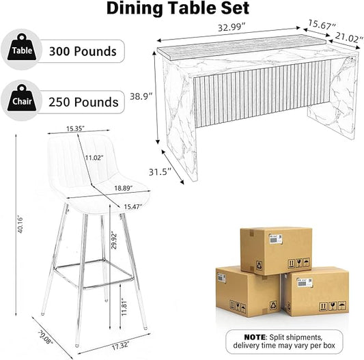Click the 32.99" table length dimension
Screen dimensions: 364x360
click(232, 27)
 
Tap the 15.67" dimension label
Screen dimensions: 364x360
click(322, 25)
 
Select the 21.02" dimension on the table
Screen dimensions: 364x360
click(349, 38)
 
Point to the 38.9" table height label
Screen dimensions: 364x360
click(141, 96)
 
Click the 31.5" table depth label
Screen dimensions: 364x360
click(160, 172)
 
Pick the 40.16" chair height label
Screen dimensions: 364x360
click(20, 225)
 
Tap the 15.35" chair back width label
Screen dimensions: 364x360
click(75, 128)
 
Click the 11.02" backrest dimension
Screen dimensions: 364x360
click(94, 158)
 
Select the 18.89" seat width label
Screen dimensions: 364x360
click(123, 188)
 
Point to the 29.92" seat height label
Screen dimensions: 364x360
click(114, 240)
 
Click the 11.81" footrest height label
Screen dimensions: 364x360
click(124, 307)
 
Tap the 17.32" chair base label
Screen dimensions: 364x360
click(120, 346)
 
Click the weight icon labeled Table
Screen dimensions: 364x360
click(22, 47)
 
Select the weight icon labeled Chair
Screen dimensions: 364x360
click(22, 98)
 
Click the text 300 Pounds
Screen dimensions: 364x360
click(83, 51)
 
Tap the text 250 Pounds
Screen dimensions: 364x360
click(83, 102)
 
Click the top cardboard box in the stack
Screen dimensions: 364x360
click(276, 251)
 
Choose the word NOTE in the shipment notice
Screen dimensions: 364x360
click(255, 337)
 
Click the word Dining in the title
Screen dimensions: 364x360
click(135, 8)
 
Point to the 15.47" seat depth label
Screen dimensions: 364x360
click(132, 206)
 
